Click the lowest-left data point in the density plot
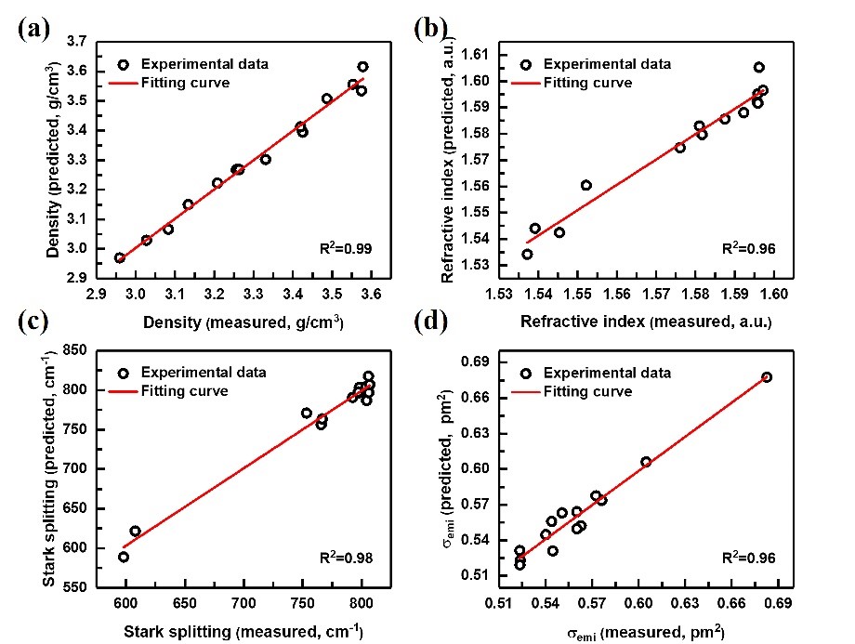pos(120,257)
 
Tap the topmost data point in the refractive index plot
pos(758,67)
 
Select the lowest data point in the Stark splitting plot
pos(124,557)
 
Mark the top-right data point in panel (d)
pos(767,377)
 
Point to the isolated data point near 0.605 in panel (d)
pos(646,462)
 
